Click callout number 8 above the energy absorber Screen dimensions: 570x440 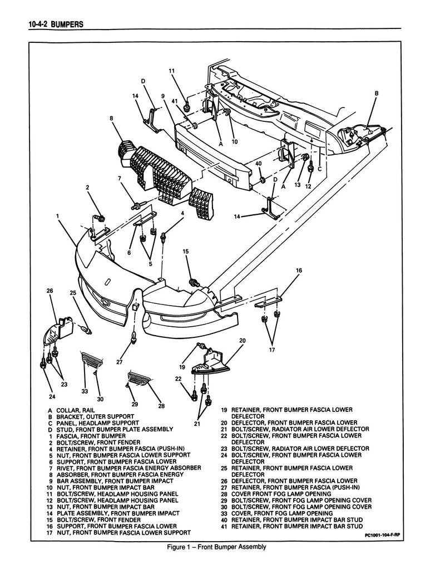click(x=112, y=118)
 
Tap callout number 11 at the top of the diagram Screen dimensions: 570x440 click(x=171, y=71)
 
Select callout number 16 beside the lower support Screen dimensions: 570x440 click(x=299, y=271)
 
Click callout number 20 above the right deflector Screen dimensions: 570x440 click(x=242, y=340)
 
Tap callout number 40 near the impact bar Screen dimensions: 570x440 click(x=258, y=164)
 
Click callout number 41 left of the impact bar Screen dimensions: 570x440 click(x=174, y=101)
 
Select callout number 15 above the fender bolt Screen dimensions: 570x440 click(x=186, y=252)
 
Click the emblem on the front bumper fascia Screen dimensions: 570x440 click(x=106, y=281)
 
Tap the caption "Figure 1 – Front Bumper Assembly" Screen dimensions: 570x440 click(x=217, y=547)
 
